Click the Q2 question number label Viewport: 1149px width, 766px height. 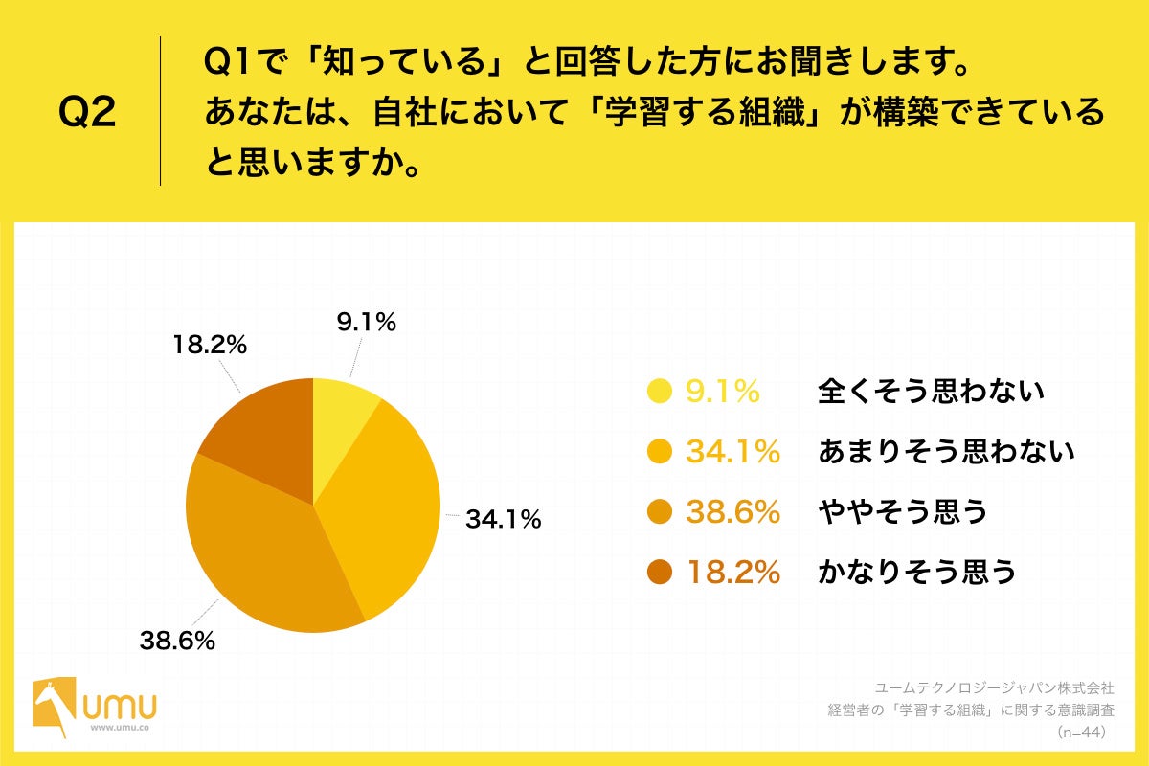pyautogui.click(x=87, y=112)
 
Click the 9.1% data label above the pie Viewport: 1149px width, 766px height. pyautogui.click(x=366, y=324)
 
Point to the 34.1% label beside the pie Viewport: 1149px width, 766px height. pyautogui.click(x=504, y=520)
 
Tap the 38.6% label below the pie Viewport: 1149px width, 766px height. pyautogui.click(x=176, y=641)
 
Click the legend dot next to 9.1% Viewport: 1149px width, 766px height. pyautogui.click(x=660, y=391)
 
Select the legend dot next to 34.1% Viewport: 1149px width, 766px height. pyautogui.click(x=660, y=451)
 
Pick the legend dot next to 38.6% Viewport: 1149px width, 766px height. pyautogui.click(x=660, y=512)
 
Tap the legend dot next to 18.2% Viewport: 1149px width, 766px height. pyautogui.click(x=660, y=573)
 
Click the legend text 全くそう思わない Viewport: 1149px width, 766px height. pyautogui.click(x=930, y=391)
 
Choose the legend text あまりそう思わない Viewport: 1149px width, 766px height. pyautogui.click(x=946, y=451)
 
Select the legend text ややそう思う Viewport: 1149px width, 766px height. pyautogui.click(x=903, y=512)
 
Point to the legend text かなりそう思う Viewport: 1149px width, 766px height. pyautogui.click(x=916, y=573)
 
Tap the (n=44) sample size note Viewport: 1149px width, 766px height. pyautogui.click(x=1082, y=732)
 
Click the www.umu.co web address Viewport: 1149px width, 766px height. pyautogui.click(x=119, y=729)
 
